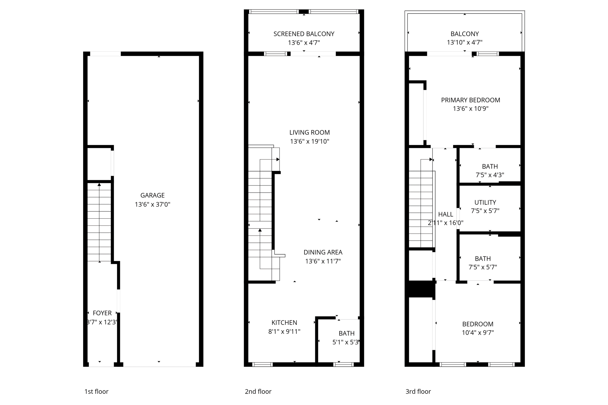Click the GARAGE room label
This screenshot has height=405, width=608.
coord(152,195)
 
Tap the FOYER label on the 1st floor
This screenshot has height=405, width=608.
coord(102,313)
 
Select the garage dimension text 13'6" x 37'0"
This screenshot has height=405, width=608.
coord(152,204)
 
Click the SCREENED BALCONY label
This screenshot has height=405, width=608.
coord(304,34)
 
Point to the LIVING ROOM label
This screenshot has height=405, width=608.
coord(309,132)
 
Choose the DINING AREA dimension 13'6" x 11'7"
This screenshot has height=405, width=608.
coord(323,261)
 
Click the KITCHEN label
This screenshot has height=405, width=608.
coord(284,323)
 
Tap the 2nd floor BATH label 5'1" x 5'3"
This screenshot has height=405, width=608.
coord(346,333)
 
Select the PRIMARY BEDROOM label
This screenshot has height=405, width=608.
coord(470,100)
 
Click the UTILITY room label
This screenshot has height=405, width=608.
coord(485,202)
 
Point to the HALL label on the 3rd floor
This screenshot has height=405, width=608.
coord(445,214)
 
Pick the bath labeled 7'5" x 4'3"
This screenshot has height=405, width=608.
coord(490,166)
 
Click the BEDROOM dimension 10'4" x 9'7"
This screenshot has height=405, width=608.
coord(478,333)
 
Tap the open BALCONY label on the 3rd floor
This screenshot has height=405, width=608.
coord(464,34)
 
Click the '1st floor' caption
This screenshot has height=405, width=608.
coord(96,391)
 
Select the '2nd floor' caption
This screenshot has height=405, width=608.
coord(258,391)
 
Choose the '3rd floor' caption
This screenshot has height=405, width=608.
coord(418,391)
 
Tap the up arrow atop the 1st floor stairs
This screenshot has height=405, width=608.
coord(99,185)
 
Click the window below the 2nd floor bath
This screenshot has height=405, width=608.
coord(343,365)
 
